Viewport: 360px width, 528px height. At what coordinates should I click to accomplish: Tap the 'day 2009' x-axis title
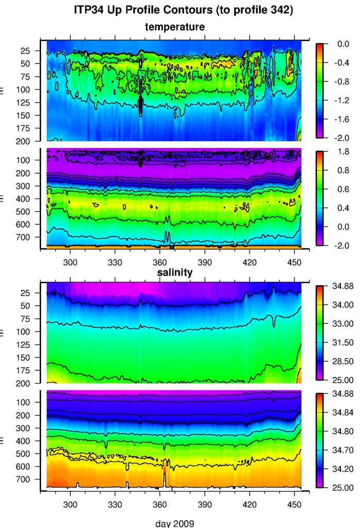(x=175, y=523)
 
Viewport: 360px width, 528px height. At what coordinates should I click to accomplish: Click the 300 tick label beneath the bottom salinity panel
(x=70, y=504)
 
